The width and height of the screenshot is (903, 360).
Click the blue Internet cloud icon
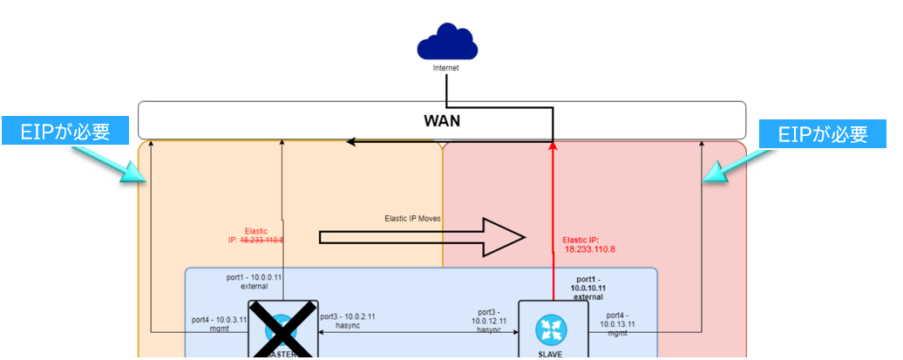click(x=446, y=43)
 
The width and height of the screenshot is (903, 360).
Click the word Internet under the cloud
click(x=446, y=67)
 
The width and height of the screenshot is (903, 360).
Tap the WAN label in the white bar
click(x=442, y=120)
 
